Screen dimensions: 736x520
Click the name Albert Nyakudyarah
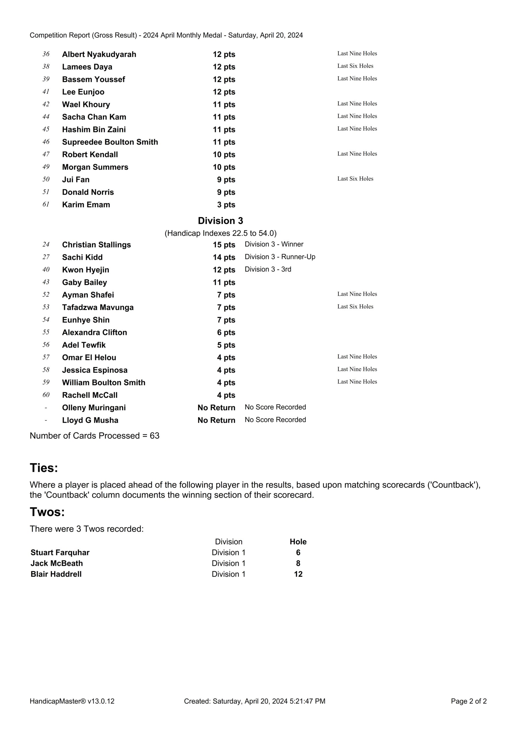(99, 55)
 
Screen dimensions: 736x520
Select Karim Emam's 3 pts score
(226, 205)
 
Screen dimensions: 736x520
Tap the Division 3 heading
(220, 221)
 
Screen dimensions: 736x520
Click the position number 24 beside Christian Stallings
(46, 245)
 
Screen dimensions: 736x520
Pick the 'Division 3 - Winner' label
(274, 244)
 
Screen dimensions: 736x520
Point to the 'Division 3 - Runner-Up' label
(280, 257)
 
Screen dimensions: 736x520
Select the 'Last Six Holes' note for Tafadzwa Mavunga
(355, 307)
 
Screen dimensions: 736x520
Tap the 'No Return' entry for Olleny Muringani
(216, 408)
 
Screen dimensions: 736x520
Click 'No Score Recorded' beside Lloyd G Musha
(275, 420)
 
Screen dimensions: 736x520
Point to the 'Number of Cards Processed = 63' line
(95, 436)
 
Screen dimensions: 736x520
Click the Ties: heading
(44, 468)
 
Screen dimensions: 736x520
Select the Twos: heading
(47, 512)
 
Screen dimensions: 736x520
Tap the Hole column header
(298, 542)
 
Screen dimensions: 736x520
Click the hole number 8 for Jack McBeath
(298, 563)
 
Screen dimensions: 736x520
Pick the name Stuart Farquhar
(60, 553)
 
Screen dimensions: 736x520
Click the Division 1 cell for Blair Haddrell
(228, 574)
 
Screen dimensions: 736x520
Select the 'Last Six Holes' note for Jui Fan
(355, 179)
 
